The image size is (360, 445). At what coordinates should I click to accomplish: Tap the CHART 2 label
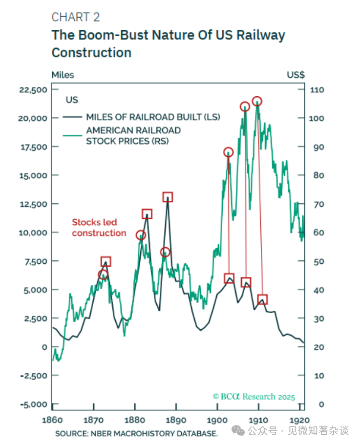coord(76,17)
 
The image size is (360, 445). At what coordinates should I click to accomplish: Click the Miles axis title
coord(63,75)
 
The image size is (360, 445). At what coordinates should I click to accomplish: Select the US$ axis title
coord(296,75)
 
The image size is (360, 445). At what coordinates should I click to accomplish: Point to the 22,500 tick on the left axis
coord(33,90)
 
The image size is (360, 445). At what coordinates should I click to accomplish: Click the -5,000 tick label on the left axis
coord(33,404)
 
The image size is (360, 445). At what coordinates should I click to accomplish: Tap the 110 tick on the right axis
coord(317,90)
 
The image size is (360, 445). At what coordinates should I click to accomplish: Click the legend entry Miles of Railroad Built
coord(153,117)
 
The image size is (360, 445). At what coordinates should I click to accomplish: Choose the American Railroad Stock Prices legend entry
coord(133,136)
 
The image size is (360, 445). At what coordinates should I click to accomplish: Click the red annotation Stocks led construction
coord(99,227)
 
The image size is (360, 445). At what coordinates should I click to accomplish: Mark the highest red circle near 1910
coord(257,102)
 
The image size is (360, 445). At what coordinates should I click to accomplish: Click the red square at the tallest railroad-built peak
coord(168,197)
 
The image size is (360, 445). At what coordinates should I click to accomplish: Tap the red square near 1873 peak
coord(106,262)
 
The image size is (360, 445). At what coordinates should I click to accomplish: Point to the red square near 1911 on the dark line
coord(263,300)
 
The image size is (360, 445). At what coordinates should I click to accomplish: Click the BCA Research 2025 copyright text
coord(254,397)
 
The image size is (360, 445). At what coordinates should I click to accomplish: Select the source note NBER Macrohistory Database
coord(136,434)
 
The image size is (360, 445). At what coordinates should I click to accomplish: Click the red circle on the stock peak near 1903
coord(228,152)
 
